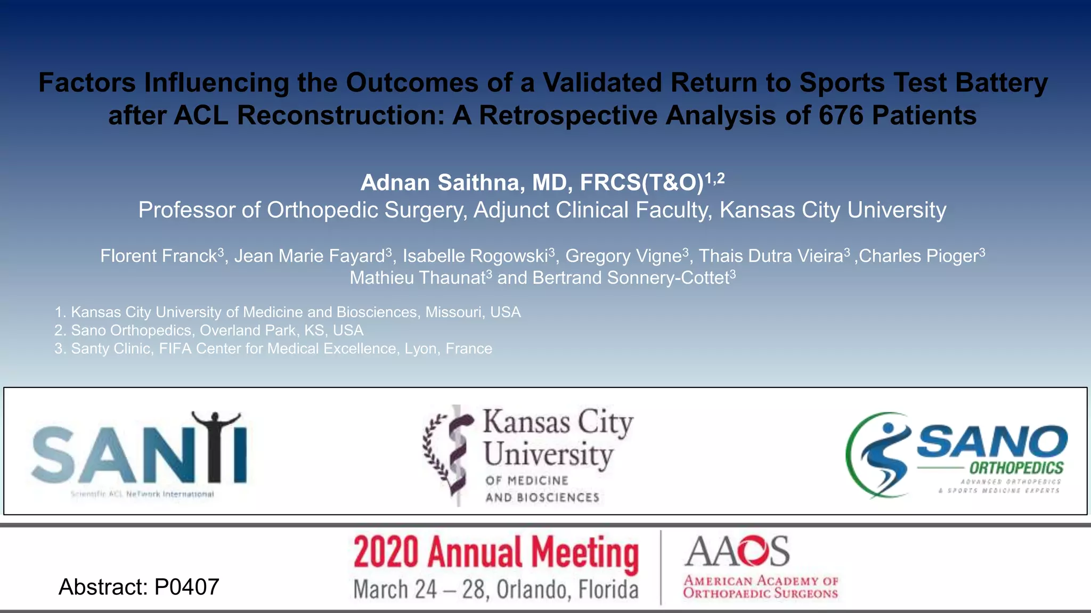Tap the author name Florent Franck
pos(159,256)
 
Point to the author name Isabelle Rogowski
pos(475,256)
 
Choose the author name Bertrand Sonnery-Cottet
pos(630,278)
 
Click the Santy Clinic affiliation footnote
pos(273,349)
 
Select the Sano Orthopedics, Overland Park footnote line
pos(209,330)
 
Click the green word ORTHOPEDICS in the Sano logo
pos(1016,468)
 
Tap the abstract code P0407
pos(186,587)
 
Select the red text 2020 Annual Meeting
pos(496,553)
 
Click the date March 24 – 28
pos(420,590)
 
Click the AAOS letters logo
pos(737,551)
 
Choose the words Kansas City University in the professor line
pos(833,210)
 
